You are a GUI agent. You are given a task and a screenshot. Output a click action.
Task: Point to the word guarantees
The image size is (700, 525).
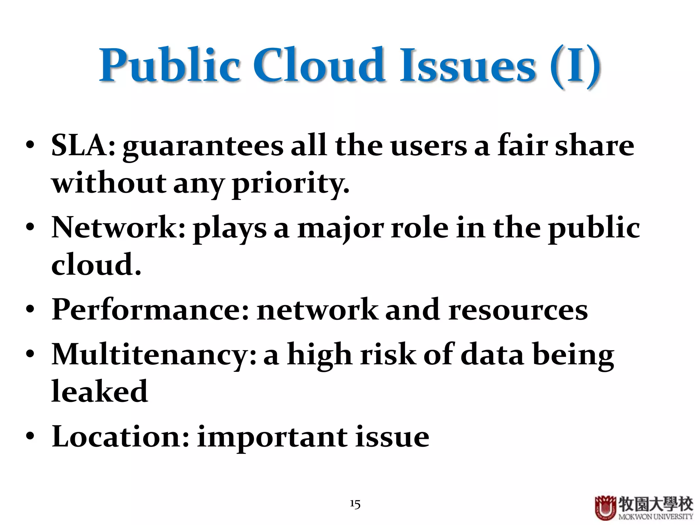[203, 147]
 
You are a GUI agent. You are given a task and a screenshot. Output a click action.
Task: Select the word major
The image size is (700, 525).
[340, 229]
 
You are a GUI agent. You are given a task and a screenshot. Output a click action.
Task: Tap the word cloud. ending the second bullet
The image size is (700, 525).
[96, 265]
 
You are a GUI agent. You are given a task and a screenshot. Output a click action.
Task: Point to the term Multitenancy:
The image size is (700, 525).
[154, 355]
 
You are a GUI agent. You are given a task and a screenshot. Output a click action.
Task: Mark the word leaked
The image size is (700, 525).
[99, 392]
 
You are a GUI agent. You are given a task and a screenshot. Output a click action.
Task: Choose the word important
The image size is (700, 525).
[272, 438]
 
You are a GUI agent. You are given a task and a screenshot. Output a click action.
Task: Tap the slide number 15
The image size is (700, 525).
[355, 504]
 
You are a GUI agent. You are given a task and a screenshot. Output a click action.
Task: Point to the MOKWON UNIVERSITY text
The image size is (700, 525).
[656, 517]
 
